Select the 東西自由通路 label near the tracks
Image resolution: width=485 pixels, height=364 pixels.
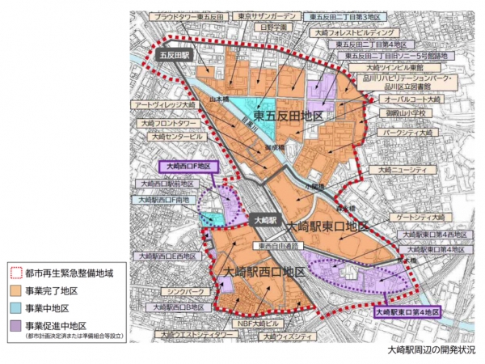coord(274,245)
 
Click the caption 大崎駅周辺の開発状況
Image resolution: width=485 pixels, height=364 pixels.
coord(431,351)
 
